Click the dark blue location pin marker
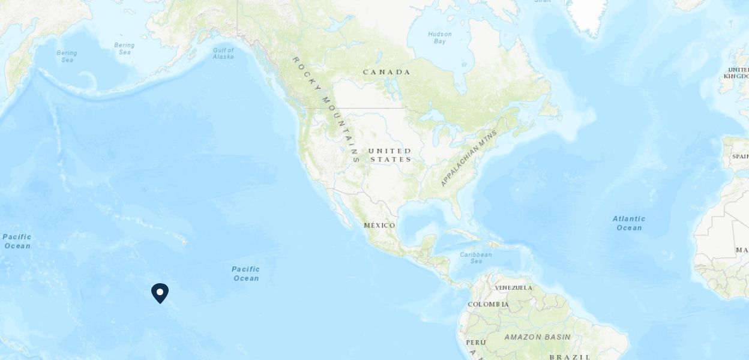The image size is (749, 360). [x=160, y=293]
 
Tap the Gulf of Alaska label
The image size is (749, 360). [x=223, y=53]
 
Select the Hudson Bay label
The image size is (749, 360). [x=439, y=38]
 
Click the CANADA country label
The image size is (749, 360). [x=387, y=72]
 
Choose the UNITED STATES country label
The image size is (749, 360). [x=390, y=155]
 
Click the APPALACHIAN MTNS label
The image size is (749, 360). [x=469, y=158]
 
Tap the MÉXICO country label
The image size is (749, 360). [x=379, y=226]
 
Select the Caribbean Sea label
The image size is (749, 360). [x=476, y=258]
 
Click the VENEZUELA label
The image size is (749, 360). [x=513, y=288]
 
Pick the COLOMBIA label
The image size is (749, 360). [x=488, y=304]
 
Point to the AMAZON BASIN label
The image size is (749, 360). [x=538, y=337]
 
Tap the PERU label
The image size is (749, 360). [x=475, y=343]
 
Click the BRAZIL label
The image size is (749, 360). [x=570, y=356]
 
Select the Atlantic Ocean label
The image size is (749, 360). [x=628, y=223]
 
